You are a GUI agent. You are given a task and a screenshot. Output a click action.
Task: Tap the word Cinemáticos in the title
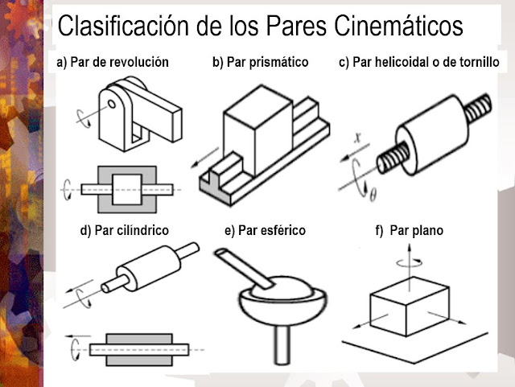(402, 26)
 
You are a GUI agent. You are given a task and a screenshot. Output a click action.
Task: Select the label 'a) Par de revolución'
(113, 62)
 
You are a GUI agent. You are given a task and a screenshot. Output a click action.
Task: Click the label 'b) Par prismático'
(260, 62)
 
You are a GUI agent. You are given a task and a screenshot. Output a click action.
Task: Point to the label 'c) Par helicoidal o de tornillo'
(418, 62)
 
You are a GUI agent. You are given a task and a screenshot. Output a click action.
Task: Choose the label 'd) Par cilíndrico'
(125, 230)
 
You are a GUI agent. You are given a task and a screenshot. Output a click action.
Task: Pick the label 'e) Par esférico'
(266, 230)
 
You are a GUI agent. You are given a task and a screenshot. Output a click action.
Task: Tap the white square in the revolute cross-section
(126, 187)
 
